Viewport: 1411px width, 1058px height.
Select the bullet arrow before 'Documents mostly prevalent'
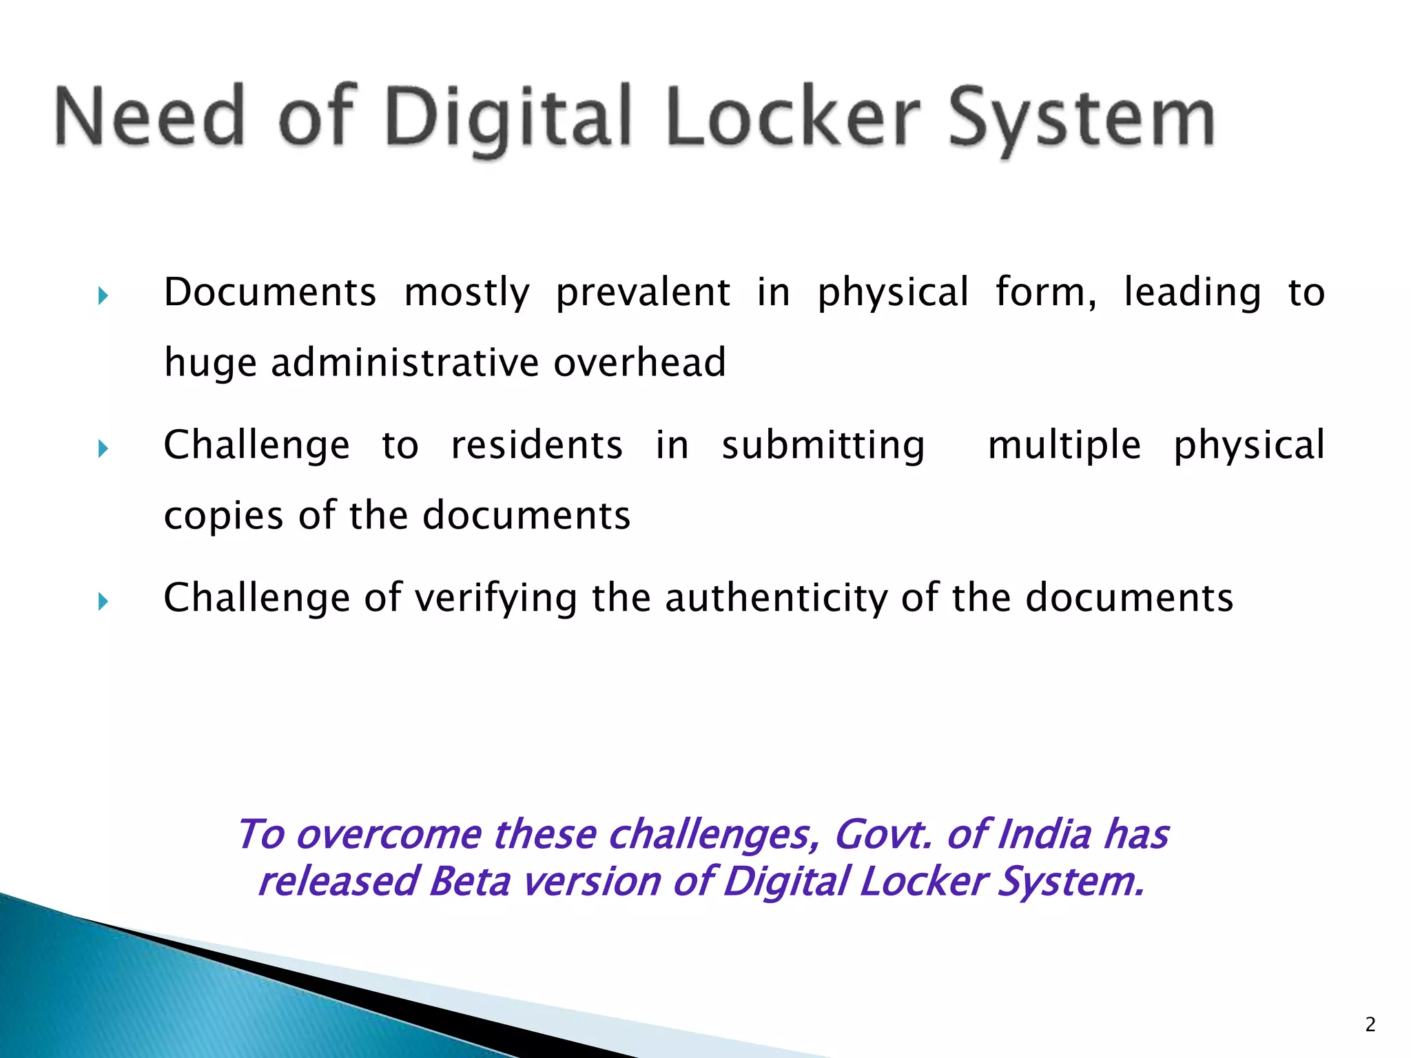coord(103,297)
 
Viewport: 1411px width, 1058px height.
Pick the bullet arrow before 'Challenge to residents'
coord(103,450)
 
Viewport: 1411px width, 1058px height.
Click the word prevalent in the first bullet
coord(643,293)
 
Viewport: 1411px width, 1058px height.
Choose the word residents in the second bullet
coord(537,445)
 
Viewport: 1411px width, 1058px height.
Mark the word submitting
coord(823,446)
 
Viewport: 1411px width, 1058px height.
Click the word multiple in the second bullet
coord(1064,446)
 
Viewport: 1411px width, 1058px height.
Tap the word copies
coord(224,517)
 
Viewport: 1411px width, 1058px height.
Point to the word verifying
coord(496,598)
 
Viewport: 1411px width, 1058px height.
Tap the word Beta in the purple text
coord(469,882)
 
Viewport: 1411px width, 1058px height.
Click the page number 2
coord(1370,1025)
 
